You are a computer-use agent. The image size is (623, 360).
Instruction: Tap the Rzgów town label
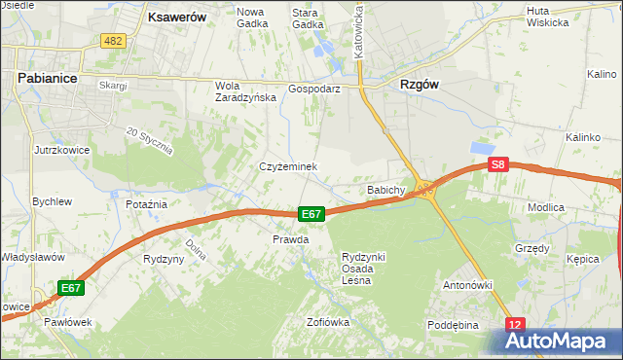420,85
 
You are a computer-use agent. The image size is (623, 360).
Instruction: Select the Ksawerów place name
179,17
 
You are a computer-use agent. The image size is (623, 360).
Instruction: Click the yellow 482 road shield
112,40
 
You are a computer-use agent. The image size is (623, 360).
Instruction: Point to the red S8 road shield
498,165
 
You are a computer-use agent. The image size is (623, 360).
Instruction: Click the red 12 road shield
515,324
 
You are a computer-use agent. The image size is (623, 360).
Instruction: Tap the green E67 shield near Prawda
311,214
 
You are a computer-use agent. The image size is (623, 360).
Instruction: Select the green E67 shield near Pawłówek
71,288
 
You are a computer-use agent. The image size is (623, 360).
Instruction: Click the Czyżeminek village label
288,166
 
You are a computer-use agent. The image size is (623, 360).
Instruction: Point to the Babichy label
385,190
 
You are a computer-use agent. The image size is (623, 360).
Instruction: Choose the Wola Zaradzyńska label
239,90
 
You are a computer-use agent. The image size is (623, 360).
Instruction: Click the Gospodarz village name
313,88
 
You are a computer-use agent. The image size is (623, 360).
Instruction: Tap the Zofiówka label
327,321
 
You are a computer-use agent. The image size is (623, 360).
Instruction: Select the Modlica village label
573,207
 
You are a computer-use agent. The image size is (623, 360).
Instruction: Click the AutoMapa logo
558,341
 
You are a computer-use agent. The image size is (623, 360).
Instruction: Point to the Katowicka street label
358,29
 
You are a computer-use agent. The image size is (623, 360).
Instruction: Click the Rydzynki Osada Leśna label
363,268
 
